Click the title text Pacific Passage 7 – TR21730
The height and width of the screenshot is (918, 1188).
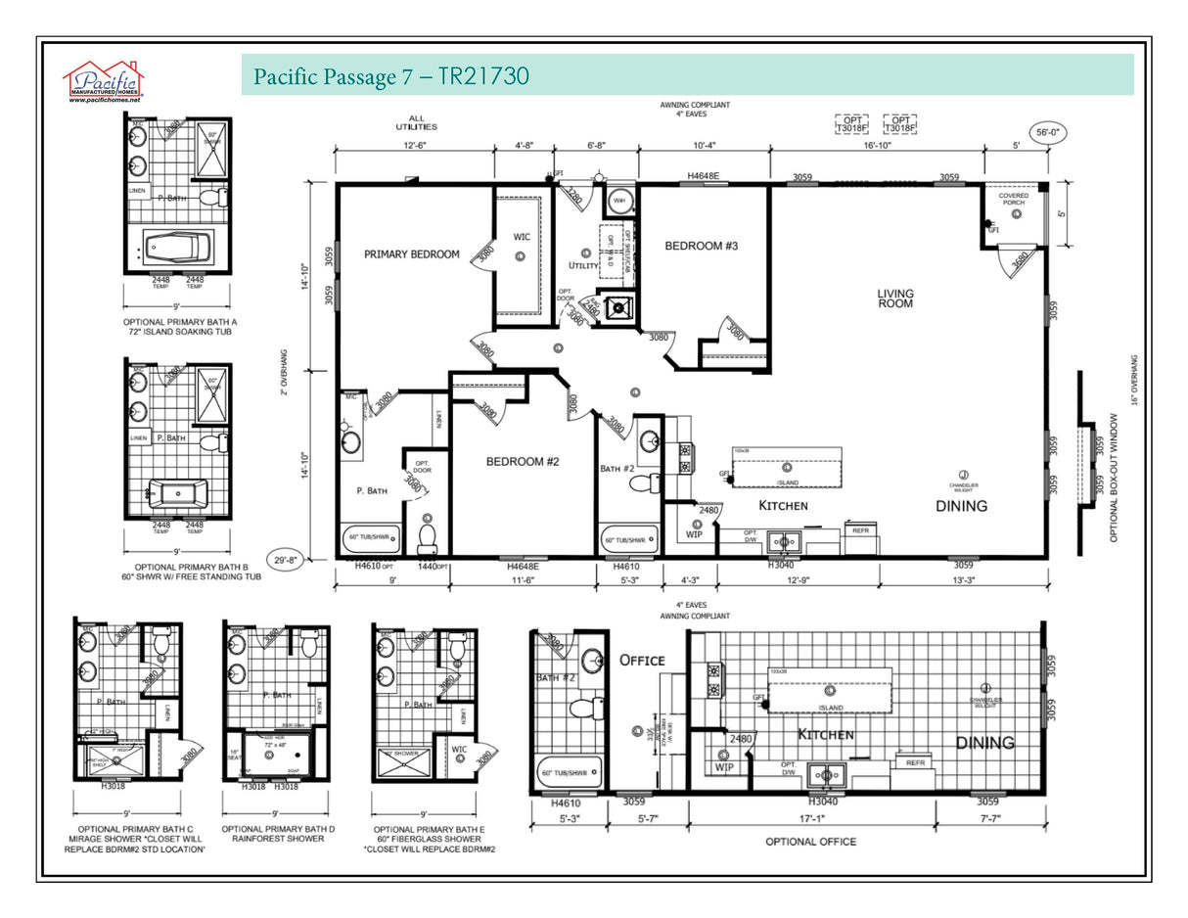click(x=390, y=76)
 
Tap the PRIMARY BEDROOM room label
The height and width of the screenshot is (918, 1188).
click(x=411, y=254)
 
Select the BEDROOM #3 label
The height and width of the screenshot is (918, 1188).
click(x=701, y=246)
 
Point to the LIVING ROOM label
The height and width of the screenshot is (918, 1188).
click(x=894, y=298)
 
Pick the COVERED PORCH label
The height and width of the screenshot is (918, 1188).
click(x=1013, y=200)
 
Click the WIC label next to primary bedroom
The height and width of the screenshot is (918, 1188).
click(x=522, y=236)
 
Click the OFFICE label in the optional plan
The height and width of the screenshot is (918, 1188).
click(x=641, y=661)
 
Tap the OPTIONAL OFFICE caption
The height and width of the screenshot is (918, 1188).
click(x=810, y=842)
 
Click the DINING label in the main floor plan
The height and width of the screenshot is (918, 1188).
click(x=961, y=506)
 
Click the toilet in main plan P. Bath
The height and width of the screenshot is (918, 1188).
click(x=427, y=537)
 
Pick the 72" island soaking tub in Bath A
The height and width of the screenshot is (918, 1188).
click(x=177, y=247)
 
